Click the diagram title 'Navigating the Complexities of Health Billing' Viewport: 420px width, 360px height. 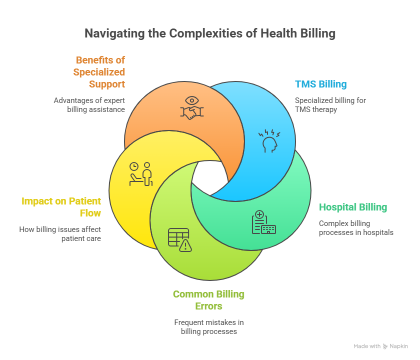(x=209, y=33)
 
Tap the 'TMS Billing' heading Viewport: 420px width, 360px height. (x=320, y=84)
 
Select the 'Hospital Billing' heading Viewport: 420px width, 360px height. (x=353, y=207)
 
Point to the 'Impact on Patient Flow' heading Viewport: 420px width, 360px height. (x=61, y=207)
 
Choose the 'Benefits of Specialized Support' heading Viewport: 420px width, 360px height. (x=99, y=72)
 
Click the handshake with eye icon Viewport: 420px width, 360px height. (x=191, y=108)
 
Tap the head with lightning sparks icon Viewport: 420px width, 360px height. (x=269, y=140)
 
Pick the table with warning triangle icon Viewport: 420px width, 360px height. (x=179, y=239)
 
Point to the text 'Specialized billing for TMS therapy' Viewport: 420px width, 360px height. (x=330, y=104)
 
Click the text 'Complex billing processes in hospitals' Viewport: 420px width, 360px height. (x=356, y=227)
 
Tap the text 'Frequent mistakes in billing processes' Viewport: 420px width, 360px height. (x=208, y=326)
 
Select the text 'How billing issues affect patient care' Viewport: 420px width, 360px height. (x=60, y=234)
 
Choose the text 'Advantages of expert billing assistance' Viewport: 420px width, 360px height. (x=89, y=104)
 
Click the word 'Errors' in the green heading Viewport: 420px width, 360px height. (x=208, y=305)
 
